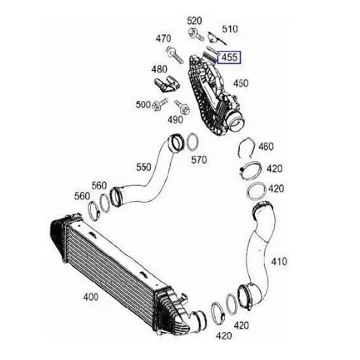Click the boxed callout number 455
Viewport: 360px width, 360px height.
coord(229,57)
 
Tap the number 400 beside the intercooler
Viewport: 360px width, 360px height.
coord(91,297)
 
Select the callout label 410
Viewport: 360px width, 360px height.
coord(279,261)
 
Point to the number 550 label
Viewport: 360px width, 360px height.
coord(144,167)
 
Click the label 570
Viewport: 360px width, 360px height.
coord(199,160)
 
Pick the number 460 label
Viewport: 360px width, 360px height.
coord(266,147)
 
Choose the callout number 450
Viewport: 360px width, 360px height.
coord(241,84)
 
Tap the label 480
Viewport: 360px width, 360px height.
coord(159,69)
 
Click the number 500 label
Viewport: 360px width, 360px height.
coord(143,105)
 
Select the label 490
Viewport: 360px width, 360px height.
coord(175,120)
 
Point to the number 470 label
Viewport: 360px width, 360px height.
coord(163,39)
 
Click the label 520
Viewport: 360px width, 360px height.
coord(194,21)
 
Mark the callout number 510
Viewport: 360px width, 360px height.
coord(230,29)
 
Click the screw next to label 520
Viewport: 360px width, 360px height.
coord(196,35)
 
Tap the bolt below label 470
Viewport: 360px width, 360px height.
coord(174,55)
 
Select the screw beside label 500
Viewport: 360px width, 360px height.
coord(160,105)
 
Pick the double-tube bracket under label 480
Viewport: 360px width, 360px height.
coord(167,84)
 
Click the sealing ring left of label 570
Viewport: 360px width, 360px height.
coord(192,142)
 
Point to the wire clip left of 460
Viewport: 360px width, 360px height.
coord(246,148)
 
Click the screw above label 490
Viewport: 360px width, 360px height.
coord(182,107)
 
